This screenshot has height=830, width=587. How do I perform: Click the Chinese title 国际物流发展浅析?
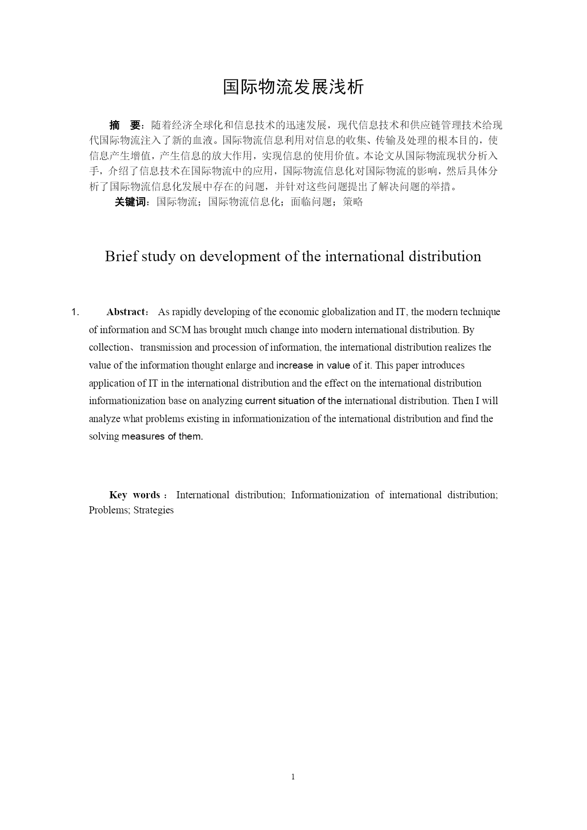(293, 87)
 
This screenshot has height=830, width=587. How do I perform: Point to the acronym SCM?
(179, 330)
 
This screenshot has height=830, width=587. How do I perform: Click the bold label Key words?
(135, 495)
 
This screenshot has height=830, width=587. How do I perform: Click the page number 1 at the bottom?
(293, 777)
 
